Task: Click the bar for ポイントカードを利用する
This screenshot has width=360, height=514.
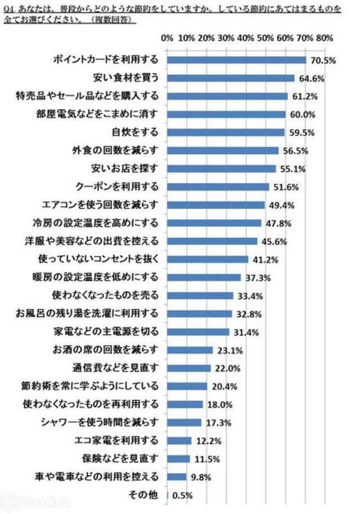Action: click(x=236, y=60)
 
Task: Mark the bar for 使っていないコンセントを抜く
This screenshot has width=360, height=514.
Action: click(x=208, y=259)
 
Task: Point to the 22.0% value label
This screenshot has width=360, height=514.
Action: click(x=224, y=368)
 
